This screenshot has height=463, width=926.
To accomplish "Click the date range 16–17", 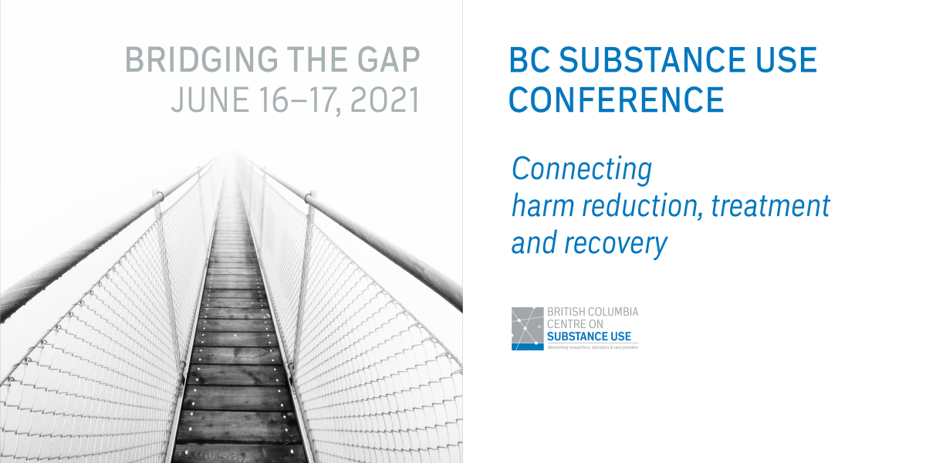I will coord(294,100).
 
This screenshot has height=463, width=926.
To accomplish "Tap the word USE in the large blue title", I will coord(783,60).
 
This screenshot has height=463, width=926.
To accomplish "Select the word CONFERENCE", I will coord(617,100).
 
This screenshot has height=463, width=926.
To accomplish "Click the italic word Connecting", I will coord(582,169).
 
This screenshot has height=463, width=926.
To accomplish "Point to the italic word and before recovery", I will coord(534,243).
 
